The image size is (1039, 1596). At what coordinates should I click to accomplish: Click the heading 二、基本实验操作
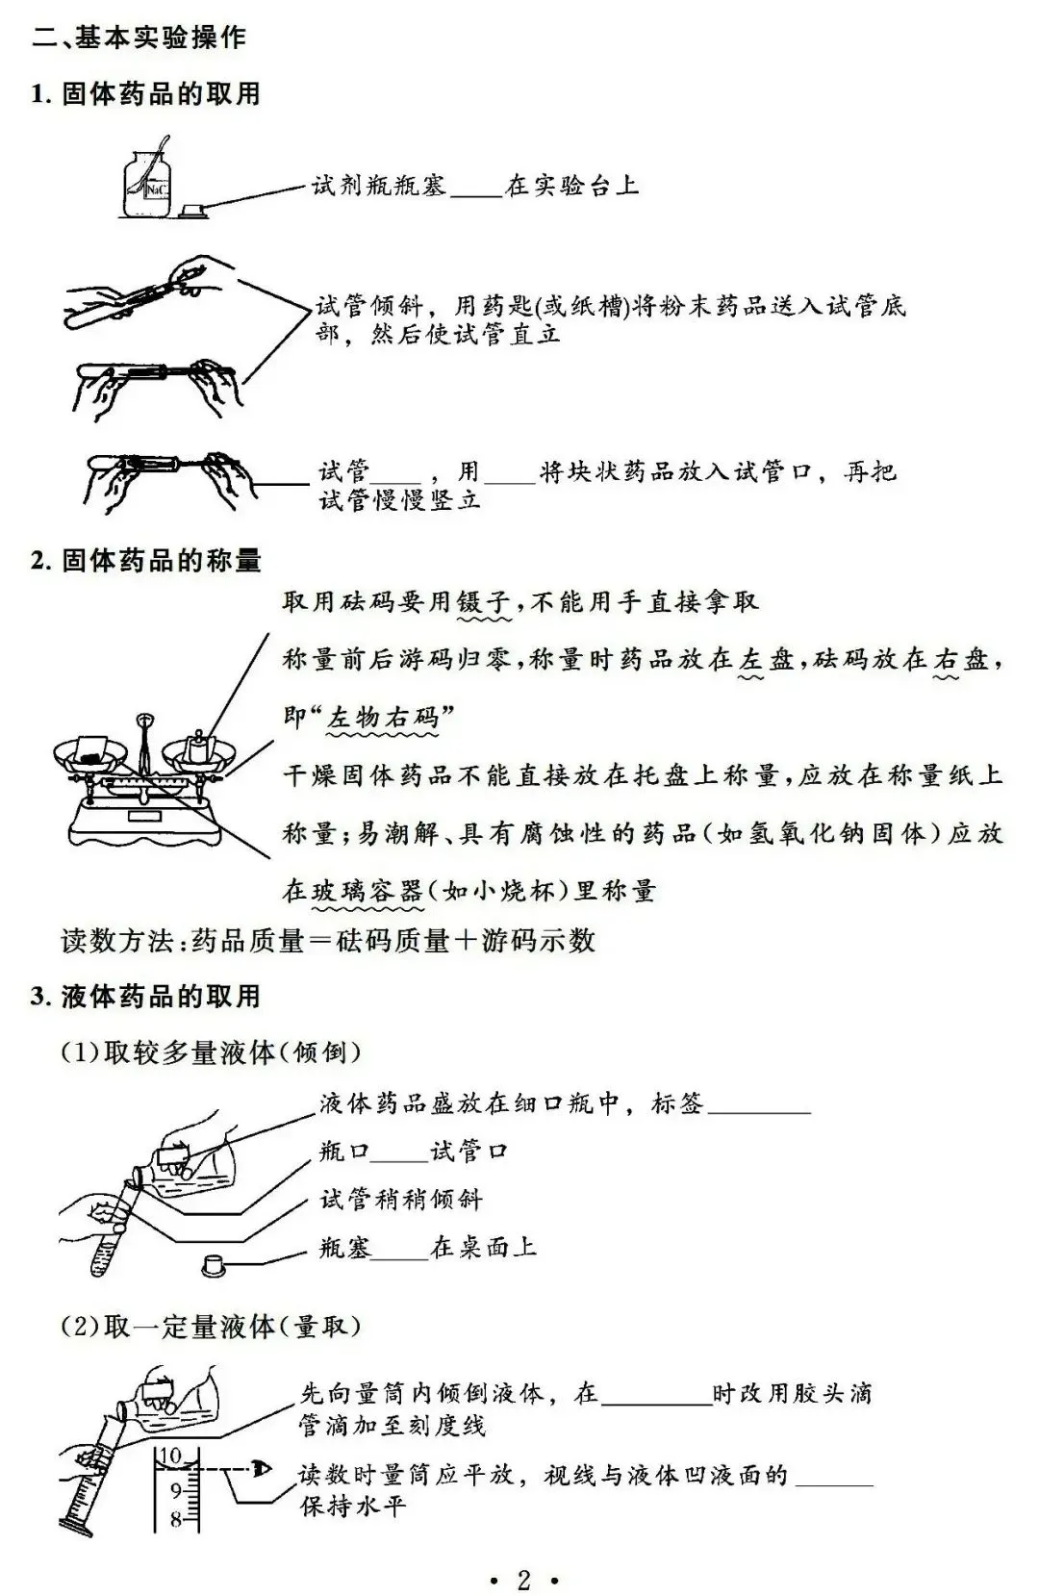point(139,38)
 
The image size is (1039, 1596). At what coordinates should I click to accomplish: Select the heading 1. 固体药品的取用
point(145,93)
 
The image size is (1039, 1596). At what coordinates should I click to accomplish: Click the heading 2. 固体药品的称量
point(145,560)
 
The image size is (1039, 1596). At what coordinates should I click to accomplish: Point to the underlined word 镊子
point(484,602)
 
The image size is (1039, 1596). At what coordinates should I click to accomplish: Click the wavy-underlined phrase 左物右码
point(383,719)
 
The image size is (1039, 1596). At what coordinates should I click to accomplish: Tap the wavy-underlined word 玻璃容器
point(367,891)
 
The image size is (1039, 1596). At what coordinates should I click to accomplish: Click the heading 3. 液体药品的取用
point(145,996)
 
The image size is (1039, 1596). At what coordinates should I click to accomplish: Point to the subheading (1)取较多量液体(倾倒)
point(211,1052)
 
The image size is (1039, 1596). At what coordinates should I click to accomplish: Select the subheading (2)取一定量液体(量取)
point(211,1327)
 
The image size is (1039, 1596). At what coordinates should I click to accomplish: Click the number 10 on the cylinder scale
point(169,1456)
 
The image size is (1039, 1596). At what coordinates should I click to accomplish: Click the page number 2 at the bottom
point(523,1580)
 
